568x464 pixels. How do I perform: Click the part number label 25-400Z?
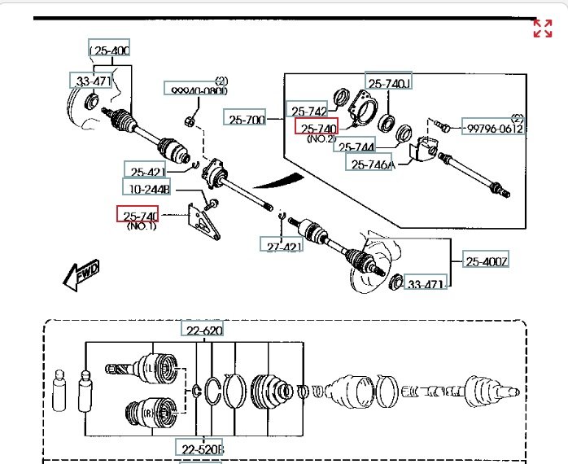tap(487, 261)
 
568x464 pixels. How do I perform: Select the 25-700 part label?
tap(247, 120)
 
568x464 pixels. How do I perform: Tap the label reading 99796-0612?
tap(493, 128)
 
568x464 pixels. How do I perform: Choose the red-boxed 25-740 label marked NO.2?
tap(317, 129)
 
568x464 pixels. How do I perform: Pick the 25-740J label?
tap(389, 82)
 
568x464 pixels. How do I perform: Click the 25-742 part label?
tap(308, 112)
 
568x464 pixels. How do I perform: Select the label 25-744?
tap(356, 147)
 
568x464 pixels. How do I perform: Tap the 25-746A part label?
tap(371, 164)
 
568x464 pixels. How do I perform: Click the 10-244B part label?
tap(148, 190)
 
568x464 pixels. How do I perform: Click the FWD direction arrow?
tap(82, 274)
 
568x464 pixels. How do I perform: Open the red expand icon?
tap(542, 28)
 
